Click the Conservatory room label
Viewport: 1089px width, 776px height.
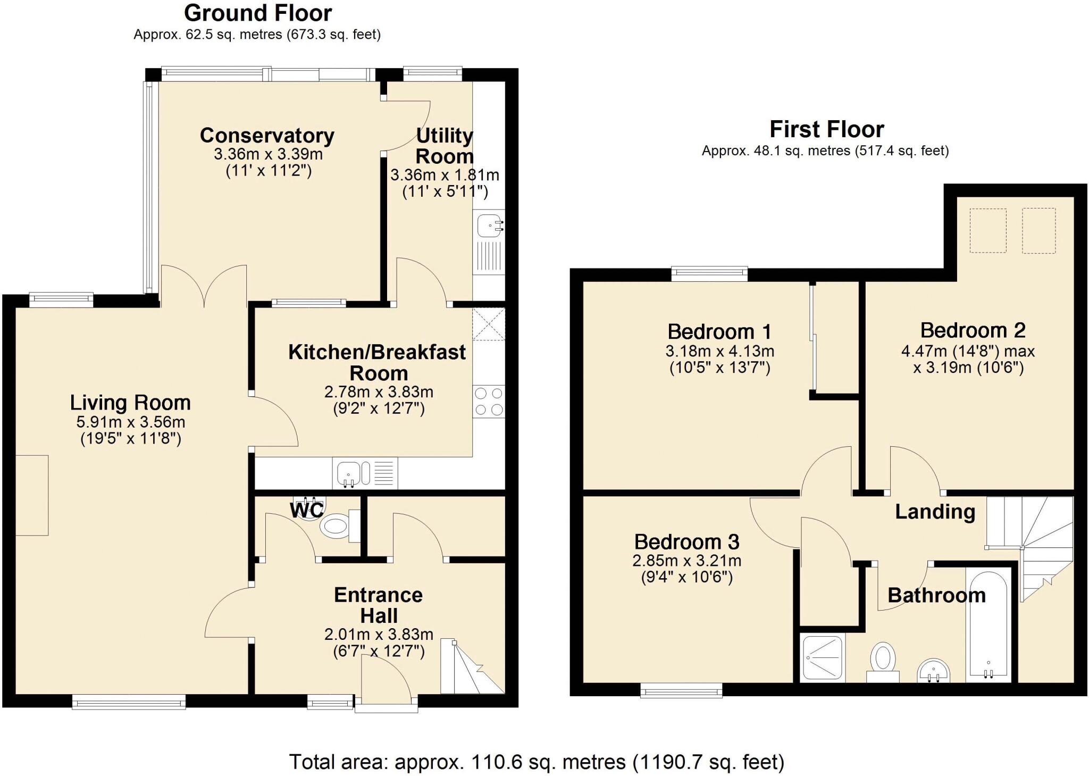(x=267, y=136)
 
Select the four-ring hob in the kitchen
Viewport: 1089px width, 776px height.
(x=489, y=402)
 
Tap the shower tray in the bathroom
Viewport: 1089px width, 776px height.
(x=823, y=658)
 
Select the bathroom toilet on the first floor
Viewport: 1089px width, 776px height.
(x=883, y=660)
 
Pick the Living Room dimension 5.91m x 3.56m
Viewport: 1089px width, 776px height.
(x=131, y=422)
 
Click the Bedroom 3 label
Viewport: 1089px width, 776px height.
(x=686, y=542)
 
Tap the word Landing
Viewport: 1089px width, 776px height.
(x=935, y=512)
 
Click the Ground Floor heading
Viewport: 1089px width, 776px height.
(x=258, y=13)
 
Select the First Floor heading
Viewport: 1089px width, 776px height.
(x=826, y=129)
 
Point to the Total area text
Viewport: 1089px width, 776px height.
(x=537, y=762)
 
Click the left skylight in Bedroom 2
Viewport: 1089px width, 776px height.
(x=988, y=230)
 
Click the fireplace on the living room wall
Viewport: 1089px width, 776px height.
(x=32, y=495)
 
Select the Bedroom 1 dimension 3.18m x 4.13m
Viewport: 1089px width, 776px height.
(x=719, y=351)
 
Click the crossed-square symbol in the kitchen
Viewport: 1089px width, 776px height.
(x=488, y=323)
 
